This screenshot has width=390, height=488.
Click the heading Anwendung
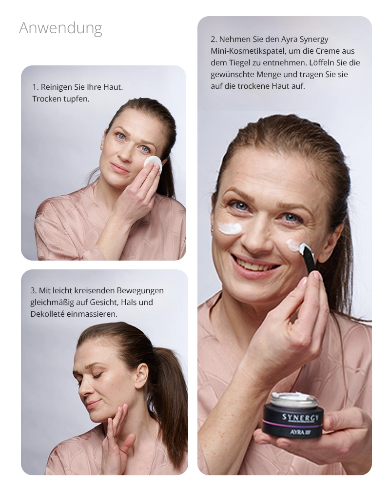click(x=60, y=28)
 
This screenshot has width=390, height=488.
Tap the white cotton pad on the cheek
click(x=152, y=163)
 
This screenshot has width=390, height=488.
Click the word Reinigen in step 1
click(x=56, y=87)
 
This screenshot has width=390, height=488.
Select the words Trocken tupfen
click(x=61, y=99)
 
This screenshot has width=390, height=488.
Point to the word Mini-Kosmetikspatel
click(x=256, y=51)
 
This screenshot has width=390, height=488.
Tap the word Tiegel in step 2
click(x=240, y=62)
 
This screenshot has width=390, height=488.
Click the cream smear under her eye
click(x=230, y=228)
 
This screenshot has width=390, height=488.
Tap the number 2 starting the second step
click(x=213, y=39)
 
